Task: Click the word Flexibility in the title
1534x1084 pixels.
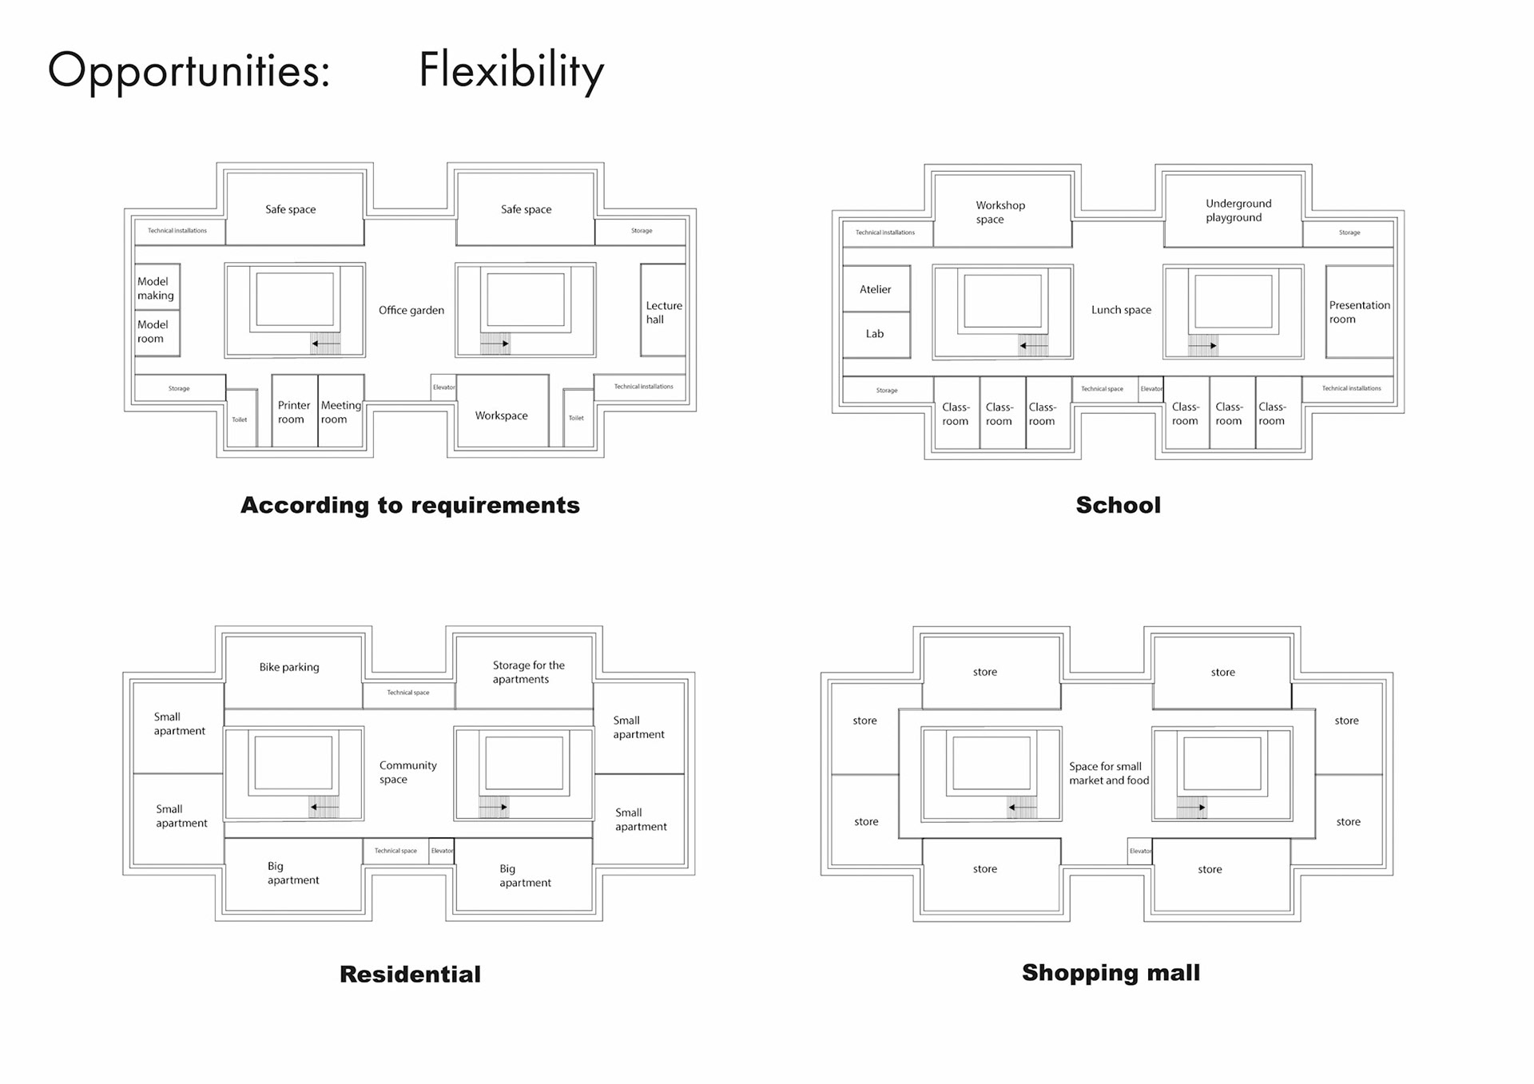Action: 511,70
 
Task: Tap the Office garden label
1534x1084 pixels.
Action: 411,310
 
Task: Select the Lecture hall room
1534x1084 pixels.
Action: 663,312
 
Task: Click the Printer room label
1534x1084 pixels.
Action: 293,412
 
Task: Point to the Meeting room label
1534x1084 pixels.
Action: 340,412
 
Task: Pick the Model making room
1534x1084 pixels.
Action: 156,288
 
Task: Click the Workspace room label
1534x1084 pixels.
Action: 502,415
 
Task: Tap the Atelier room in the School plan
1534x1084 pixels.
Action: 876,289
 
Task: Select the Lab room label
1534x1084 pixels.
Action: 875,334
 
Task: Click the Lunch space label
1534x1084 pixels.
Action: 1121,310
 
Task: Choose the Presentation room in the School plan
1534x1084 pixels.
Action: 1359,312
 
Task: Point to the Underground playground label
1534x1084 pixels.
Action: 1237,210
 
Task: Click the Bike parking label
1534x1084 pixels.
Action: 289,667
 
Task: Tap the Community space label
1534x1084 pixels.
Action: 407,772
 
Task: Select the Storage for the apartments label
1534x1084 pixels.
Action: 527,672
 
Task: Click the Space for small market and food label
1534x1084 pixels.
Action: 1108,773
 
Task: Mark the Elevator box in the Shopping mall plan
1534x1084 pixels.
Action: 1140,851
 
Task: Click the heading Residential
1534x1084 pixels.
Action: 410,974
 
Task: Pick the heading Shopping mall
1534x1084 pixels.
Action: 1111,972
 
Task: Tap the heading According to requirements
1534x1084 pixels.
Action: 410,505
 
